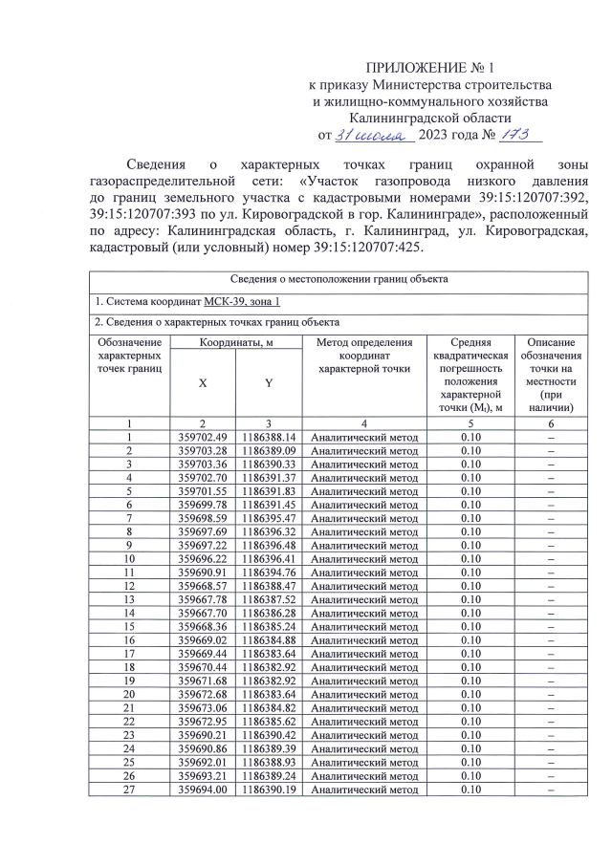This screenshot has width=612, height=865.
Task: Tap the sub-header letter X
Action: tap(203, 382)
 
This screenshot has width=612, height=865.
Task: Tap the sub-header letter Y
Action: tap(268, 382)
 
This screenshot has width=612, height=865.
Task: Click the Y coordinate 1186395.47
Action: tap(268, 516)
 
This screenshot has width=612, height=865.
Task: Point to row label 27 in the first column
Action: tap(128, 789)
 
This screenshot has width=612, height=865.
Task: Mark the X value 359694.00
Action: tap(203, 789)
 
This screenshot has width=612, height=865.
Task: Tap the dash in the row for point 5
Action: tap(551, 490)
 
